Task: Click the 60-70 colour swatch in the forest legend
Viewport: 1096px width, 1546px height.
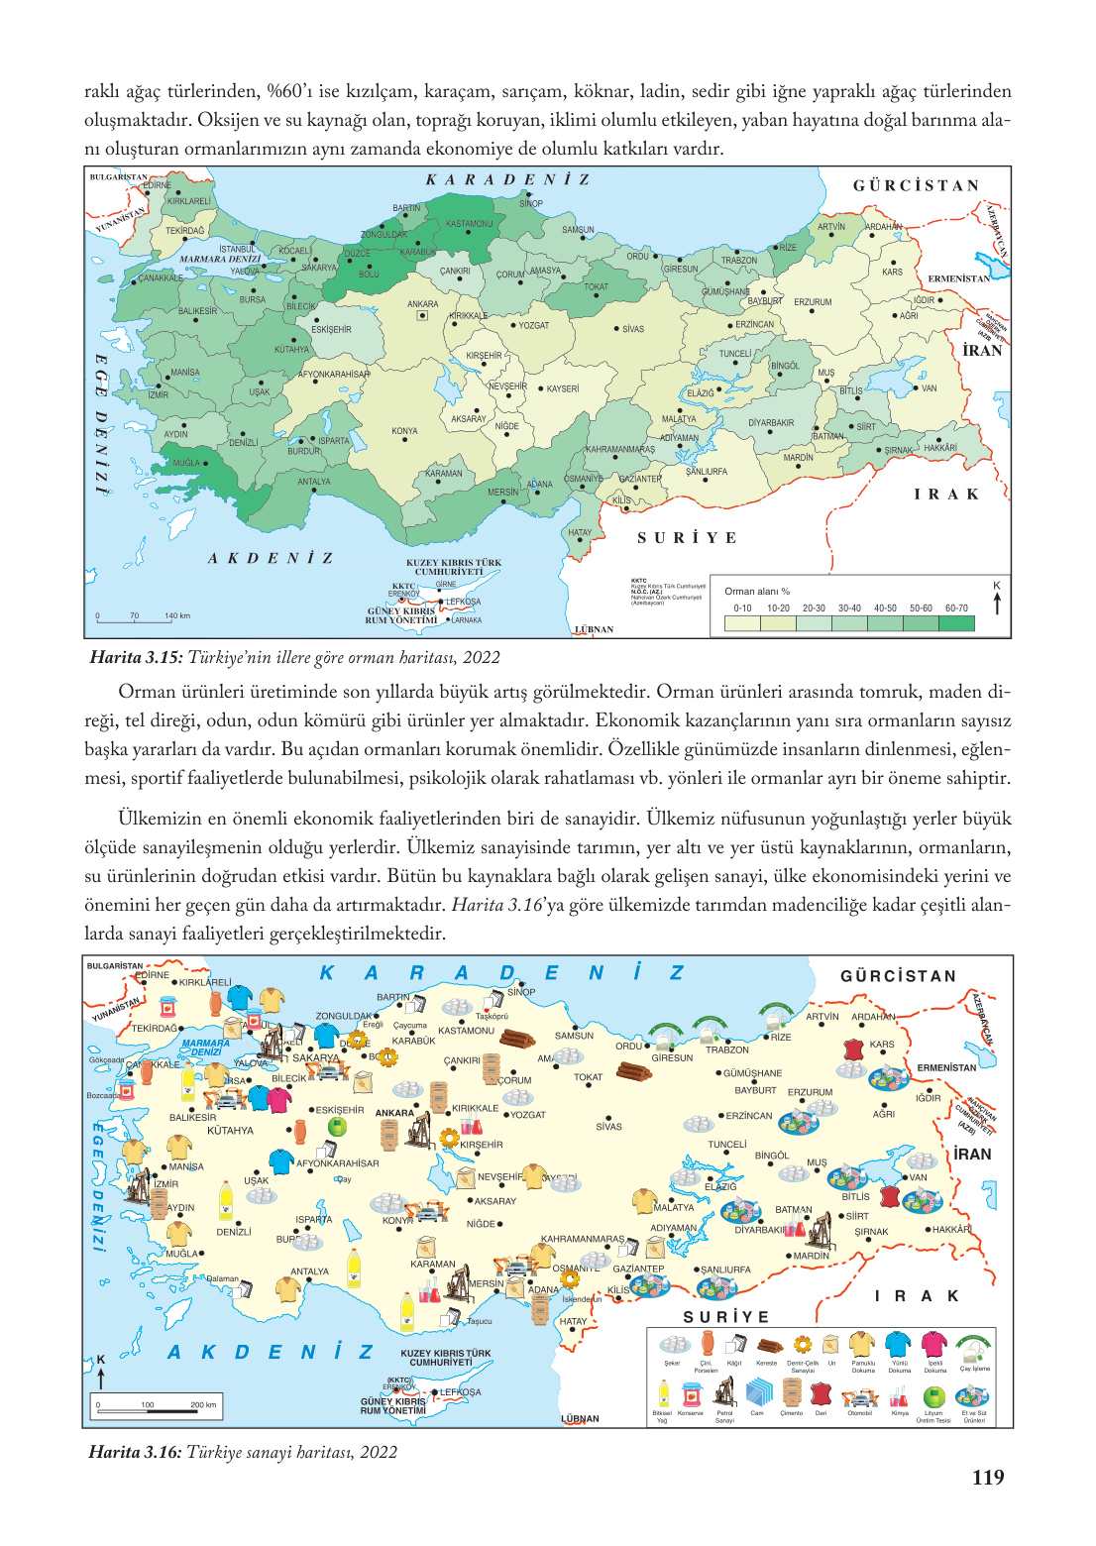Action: click(956, 623)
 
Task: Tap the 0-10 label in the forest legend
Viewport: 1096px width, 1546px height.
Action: click(742, 608)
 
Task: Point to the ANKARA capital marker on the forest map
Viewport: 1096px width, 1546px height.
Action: click(422, 316)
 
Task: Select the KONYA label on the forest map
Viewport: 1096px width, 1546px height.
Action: click(404, 431)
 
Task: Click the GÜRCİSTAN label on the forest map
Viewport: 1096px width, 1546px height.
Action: click(917, 185)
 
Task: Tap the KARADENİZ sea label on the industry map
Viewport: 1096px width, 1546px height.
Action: click(500, 973)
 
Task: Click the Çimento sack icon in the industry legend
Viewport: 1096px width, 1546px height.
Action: click(791, 1393)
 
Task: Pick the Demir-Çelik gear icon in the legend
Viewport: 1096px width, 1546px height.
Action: click(803, 1345)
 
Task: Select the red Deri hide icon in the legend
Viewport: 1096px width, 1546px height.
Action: click(821, 1393)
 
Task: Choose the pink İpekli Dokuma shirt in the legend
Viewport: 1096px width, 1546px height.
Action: click(934, 1344)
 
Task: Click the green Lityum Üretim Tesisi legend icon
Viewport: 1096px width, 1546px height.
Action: click(933, 1395)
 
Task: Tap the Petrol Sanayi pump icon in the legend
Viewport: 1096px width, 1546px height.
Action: click(724, 1393)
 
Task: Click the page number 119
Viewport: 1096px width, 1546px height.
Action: click(988, 1477)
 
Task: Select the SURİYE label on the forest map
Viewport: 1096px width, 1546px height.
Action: click(687, 538)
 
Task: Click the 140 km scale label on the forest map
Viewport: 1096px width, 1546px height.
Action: click(177, 615)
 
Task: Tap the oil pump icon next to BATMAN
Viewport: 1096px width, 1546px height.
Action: click(819, 1230)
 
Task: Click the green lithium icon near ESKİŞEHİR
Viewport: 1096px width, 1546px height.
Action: click(337, 1127)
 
